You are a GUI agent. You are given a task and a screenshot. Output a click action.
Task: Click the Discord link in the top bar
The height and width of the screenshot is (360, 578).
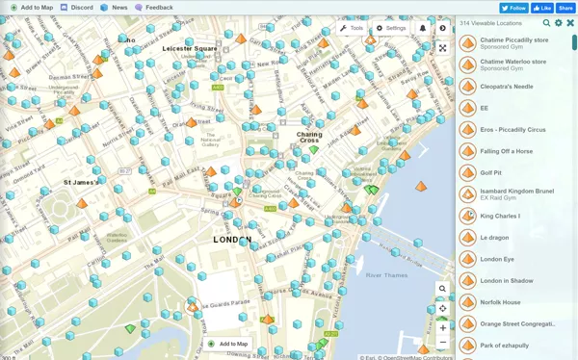tap(77, 8)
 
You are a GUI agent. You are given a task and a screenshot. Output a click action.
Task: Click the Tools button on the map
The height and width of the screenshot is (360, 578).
tap(352, 28)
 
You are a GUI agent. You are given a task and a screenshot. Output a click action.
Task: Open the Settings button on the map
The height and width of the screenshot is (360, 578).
tap(391, 28)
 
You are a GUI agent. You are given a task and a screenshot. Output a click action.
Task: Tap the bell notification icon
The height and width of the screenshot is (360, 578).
tap(422, 28)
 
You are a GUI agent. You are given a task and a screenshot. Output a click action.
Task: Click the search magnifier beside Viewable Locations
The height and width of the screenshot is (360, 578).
tap(546, 23)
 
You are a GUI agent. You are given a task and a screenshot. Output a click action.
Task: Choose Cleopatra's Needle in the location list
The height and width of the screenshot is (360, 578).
tap(507, 87)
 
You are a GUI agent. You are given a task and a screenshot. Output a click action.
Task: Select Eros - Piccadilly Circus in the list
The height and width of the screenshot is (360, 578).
tap(512, 130)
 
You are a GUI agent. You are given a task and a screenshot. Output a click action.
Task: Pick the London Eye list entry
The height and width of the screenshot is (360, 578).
tap(497, 259)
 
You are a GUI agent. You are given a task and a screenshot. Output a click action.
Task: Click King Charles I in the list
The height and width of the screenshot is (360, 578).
tap(500, 216)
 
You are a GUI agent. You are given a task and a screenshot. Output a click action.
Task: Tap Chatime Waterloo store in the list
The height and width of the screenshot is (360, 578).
tap(513, 62)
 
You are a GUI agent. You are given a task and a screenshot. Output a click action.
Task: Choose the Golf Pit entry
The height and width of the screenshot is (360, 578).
tap(491, 173)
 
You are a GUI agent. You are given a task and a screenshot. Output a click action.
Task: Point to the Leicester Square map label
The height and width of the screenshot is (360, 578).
tap(190, 48)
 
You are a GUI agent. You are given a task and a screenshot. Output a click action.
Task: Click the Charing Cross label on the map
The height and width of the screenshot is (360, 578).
tap(309, 138)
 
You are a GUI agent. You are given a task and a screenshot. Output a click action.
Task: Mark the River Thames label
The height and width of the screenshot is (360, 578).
tap(386, 275)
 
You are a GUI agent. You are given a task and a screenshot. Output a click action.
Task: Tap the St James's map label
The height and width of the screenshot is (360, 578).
tap(81, 182)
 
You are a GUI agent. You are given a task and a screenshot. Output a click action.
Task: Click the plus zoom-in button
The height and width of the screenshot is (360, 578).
tap(443, 327)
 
